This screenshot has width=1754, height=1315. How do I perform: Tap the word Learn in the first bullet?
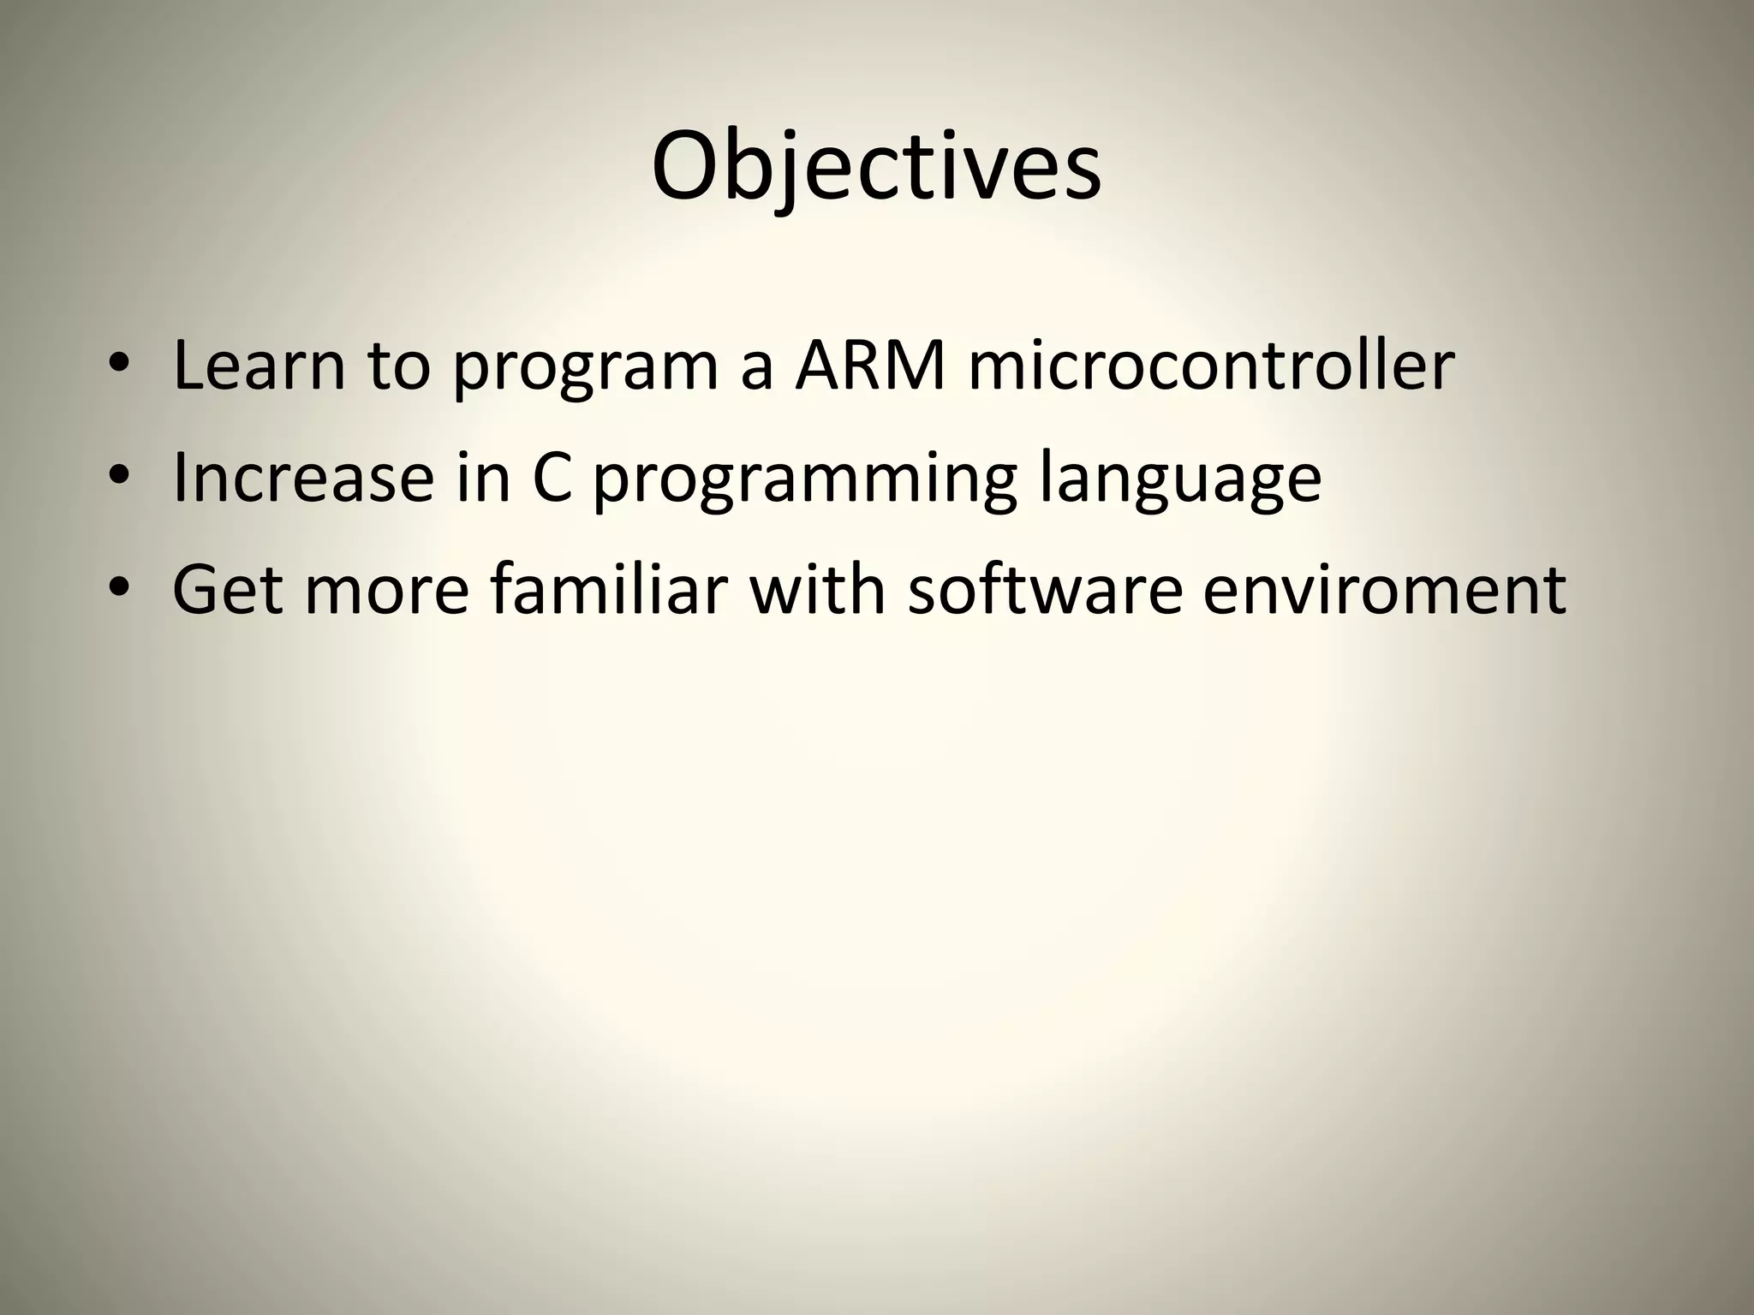tap(259, 366)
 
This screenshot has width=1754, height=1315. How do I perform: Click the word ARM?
tap(869, 366)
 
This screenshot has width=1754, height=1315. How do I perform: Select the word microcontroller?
tap(1211, 366)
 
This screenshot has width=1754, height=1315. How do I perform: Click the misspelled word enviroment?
tap(1384, 591)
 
